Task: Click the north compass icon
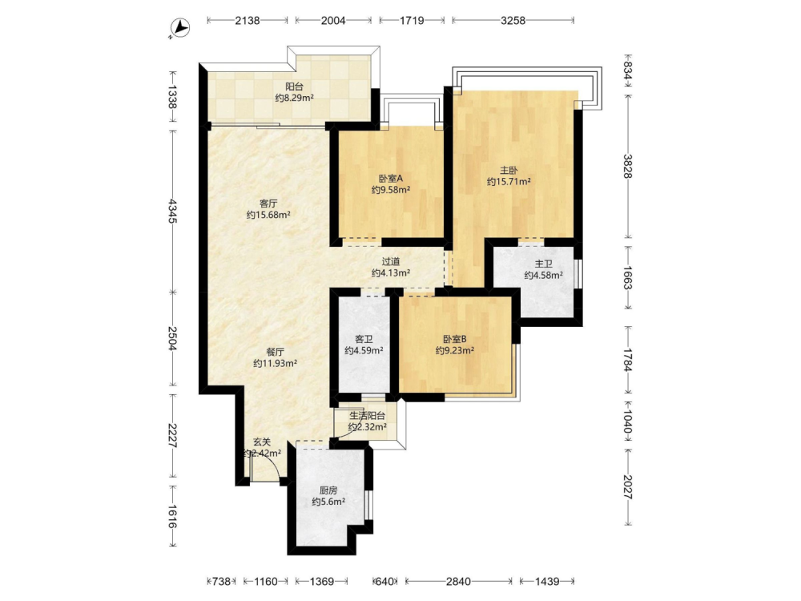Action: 179,28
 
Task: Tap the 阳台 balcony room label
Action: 294,87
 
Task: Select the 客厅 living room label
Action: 268,204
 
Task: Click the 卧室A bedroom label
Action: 391,179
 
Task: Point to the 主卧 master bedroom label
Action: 509,170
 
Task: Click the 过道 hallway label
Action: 391,262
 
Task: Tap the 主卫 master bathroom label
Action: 544,264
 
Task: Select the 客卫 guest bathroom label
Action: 364,339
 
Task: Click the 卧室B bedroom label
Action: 455,339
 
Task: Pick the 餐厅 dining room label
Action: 275,352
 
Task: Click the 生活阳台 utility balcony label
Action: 368,416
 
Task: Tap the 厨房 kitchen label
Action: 328,490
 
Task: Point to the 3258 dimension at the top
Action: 513,21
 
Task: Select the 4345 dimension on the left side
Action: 171,211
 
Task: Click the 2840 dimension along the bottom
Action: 458,581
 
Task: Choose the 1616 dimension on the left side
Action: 171,517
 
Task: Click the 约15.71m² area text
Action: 509,181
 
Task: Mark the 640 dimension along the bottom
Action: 385,581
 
